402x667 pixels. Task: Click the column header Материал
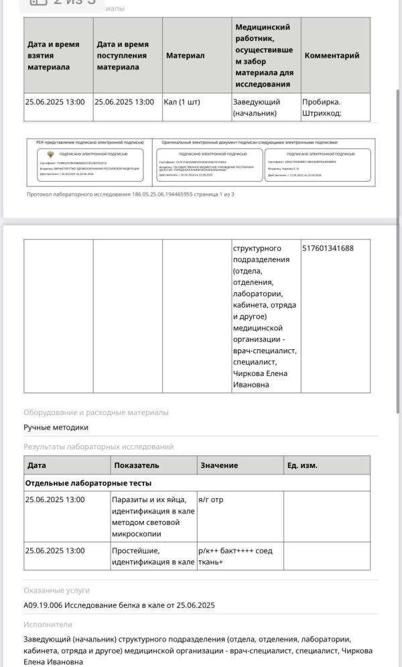[x=186, y=56]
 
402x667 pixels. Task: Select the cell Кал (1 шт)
[x=182, y=102]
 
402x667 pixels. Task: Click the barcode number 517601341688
[x=328, y=248]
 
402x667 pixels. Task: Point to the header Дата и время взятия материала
[x=54, y=56]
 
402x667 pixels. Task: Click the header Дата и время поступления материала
[x=123, y=56]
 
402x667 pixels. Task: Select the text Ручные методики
[x=56, y=427]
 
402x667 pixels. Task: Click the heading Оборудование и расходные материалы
[x=96, y=412]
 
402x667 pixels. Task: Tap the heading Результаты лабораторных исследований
[x=98, y=446]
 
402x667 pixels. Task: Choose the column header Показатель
[x=137, y=465]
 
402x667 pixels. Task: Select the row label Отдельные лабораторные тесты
[x=88, y=483]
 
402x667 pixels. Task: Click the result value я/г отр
[x=210, y=499]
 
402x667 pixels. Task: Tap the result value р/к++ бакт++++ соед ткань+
[x=235, y=556]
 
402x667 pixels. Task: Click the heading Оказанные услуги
[x=56, y=591]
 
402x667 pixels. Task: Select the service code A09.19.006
[x=43, y=605]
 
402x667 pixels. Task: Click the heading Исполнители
[x=48, y=624]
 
